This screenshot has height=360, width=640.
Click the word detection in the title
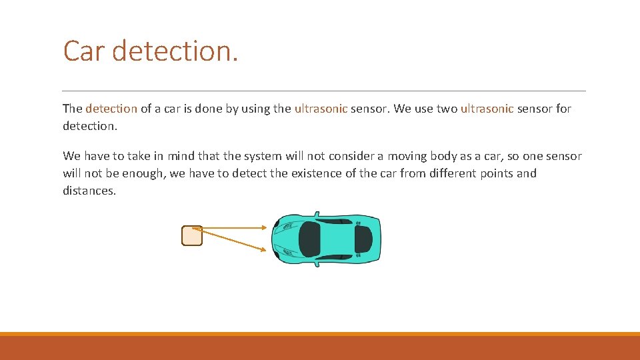click(x=175, y=51)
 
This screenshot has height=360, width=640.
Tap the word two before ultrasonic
click(x=447, y=109)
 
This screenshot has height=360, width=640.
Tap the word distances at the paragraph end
click(x=89, y=191)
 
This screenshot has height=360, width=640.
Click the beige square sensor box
click(x=192, y=236)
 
